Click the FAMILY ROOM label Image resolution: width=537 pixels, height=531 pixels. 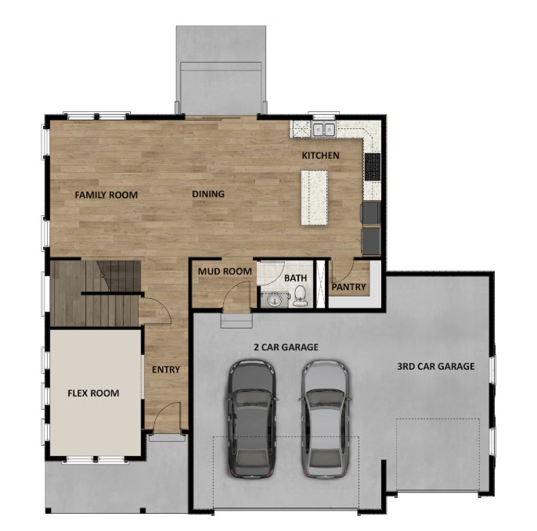pos(106,195)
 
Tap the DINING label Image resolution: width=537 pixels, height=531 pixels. pos(208,194)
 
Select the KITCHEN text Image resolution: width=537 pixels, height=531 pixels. pos(321,156)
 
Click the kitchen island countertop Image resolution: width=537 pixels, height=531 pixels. pos(315,197)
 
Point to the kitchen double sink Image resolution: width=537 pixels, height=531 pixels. pos(323,129)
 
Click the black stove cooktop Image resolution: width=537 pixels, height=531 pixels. pos(373,167)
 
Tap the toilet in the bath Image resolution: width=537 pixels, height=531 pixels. pos(300,296)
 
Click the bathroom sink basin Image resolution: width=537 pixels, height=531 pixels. pos(274,300)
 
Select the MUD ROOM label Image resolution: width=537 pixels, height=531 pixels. pos(225,271)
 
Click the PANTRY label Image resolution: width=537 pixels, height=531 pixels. pos(348,287)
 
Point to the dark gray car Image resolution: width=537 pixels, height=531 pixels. pos(251,418)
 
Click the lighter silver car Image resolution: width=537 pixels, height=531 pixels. pos(325,418)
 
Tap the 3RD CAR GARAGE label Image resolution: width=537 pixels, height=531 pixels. pos(435,367)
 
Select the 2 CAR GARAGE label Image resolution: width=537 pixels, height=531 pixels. pos(286,347)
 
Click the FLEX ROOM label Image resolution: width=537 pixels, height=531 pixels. pos(93,393)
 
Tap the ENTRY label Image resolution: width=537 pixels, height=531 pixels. pos(166,369)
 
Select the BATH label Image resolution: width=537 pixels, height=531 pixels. pos(296,278)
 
